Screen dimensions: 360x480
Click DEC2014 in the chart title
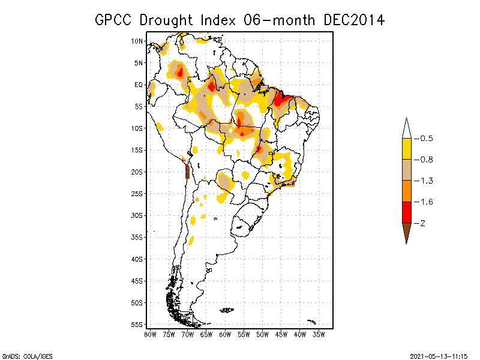tap(353, 20)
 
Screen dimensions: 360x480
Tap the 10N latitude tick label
tap(137, 41)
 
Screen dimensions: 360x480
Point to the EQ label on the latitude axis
tap(138, 85)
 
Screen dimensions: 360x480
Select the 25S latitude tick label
tap(137, 193)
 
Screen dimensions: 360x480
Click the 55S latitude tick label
tap(137, 324)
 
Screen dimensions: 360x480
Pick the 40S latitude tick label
tap(137, 259)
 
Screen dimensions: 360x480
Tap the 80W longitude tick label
tap(150, 334)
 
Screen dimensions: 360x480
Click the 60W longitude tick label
tap(225, 334)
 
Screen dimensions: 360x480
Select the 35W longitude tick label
tap(319, 334)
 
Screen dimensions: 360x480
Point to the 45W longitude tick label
tap(281, 334)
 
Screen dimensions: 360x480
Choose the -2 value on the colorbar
tap(422, 223)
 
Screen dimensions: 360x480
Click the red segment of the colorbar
tap(406, 212)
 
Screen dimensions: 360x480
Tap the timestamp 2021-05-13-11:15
tap(439, 355)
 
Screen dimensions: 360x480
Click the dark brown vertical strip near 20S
tap(188, 172)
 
